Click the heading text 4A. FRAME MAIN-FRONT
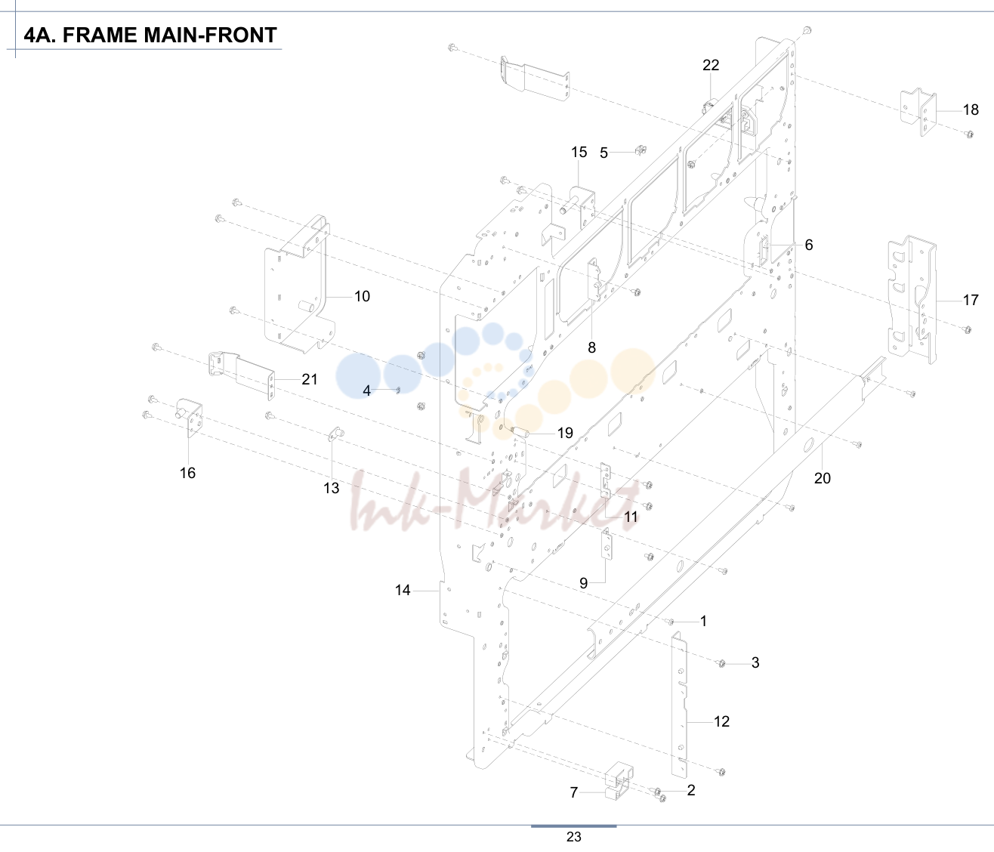[x=150, y=35]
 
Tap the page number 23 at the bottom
[x=573, y=837]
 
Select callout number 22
[x=711, y=65]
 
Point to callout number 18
[x=971, y=110]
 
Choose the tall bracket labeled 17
[x=912, y=300]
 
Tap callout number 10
[x=362, y=296]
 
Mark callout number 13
[x=332, y=488]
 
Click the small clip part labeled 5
[x=641, y=150]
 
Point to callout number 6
[x=809, y=245]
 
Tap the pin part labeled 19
[x=520, y=431]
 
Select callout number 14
[x=403, y=590]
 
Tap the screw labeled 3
[x=721, y=663]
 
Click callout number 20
[x=823, y=478]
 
